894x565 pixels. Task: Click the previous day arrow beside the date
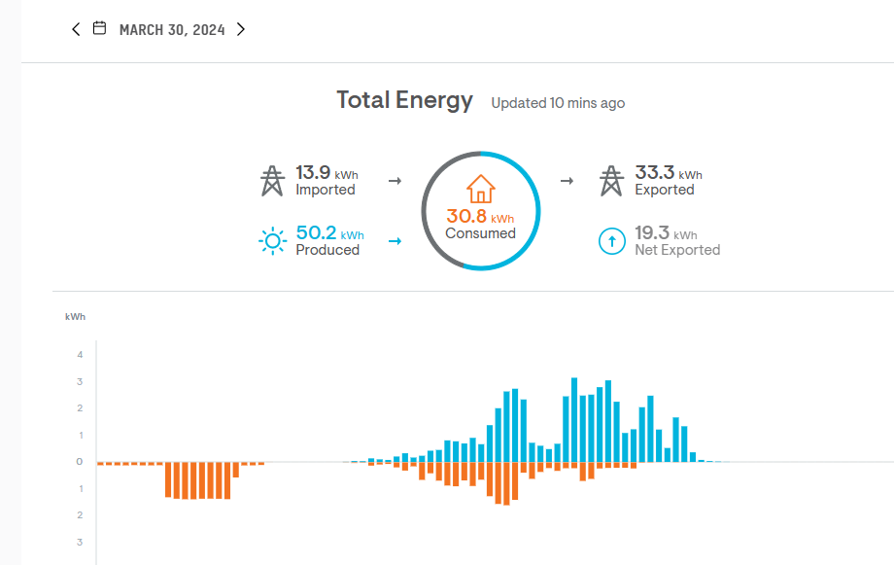76,29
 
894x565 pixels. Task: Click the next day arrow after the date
241,29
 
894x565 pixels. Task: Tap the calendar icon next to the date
99,29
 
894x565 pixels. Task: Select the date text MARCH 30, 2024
172,30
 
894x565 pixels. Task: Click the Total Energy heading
404,100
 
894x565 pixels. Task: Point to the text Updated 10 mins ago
558,103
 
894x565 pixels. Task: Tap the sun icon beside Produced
273,241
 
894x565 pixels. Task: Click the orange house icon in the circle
481,189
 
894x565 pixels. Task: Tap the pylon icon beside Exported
610,181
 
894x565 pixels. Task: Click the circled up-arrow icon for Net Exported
611,241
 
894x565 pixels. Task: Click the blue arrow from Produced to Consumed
395,241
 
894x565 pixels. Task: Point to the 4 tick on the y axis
80,354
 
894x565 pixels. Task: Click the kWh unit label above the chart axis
75,317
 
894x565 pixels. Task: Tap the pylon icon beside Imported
271,181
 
